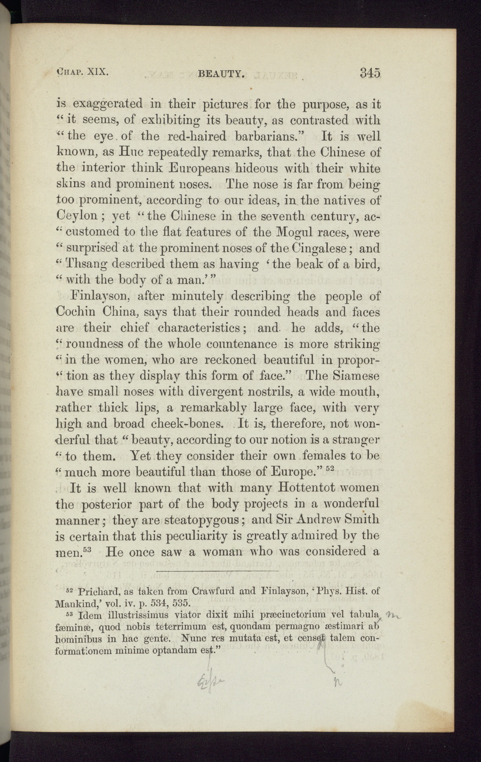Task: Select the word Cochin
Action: click(76, 312)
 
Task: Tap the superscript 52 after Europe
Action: click(330, 468)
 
